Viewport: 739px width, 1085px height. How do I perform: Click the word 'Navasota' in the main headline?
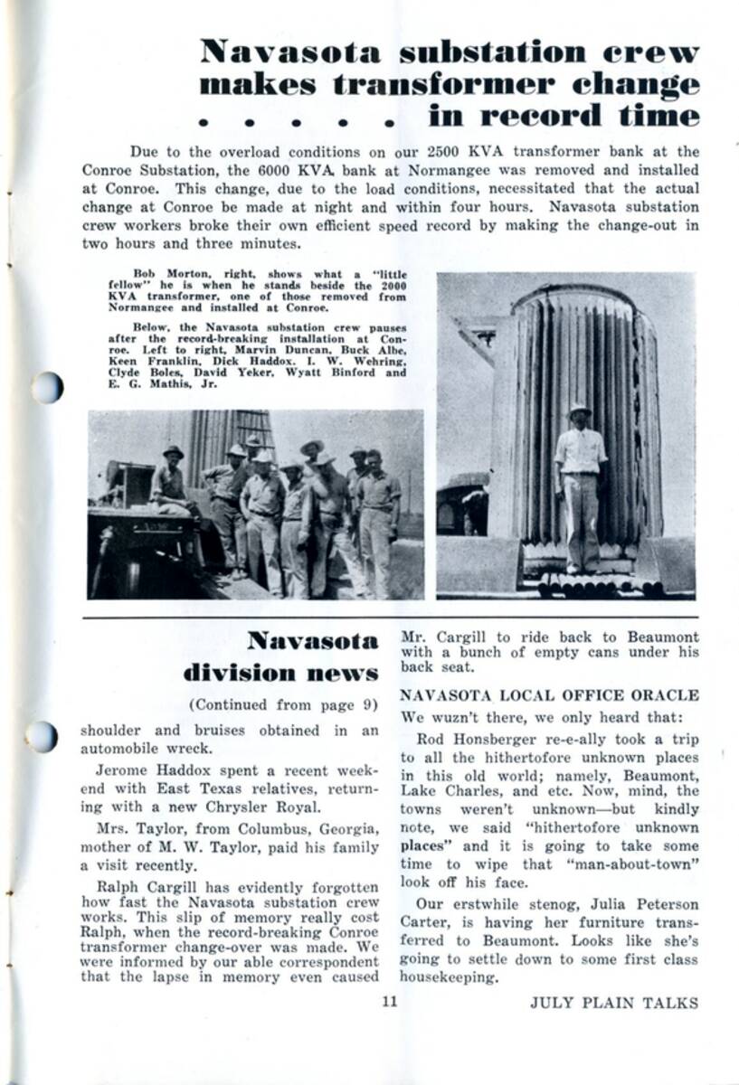[x=290, y=52]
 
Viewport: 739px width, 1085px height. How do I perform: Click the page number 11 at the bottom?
[x=390, y=1001]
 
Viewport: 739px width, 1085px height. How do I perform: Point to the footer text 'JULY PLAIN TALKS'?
[x=614, y=1002]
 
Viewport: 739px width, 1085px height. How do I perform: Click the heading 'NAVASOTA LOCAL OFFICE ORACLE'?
[x=549, y=695]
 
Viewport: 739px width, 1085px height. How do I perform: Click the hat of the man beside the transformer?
[x=579, y=410]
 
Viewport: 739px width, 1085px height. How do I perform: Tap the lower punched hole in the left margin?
[x=42, y=737]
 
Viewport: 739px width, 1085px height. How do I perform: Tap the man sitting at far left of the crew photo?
[x=169, y=479]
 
